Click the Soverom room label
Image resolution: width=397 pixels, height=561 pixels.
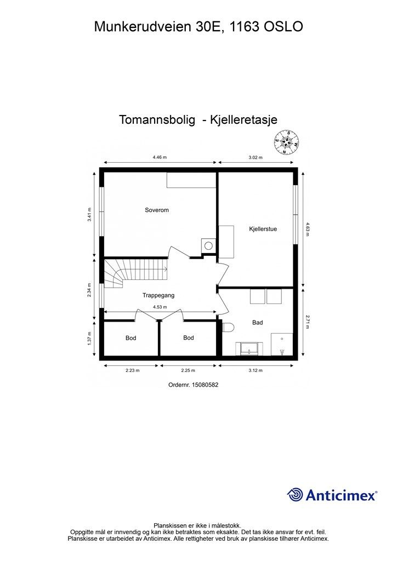(157, 210)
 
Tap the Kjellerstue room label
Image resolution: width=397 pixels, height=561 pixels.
(263, 229)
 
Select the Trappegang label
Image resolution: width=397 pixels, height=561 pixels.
(158, 295)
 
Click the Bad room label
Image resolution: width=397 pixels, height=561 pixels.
(257, 323)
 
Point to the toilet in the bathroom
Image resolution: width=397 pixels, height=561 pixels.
(229, 327)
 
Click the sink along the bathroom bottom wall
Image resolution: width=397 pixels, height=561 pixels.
(249, 348)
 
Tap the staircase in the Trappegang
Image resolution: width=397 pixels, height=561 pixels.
(116, 274)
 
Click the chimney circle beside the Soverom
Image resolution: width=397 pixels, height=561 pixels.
(208, 245)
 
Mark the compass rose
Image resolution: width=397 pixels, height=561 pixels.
(286, 141)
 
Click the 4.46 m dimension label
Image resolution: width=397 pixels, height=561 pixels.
(160, 157)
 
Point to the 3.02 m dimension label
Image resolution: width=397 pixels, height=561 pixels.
(256, 157)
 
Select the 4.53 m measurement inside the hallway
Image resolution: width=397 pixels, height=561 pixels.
(160, 307)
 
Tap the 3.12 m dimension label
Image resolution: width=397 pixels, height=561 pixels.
(256, 371)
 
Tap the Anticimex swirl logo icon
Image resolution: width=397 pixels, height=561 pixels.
(296, 495)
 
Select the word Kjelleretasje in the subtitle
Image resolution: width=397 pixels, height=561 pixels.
(242, 120)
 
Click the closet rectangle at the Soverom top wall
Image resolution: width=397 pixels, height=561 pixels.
(191, 180)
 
